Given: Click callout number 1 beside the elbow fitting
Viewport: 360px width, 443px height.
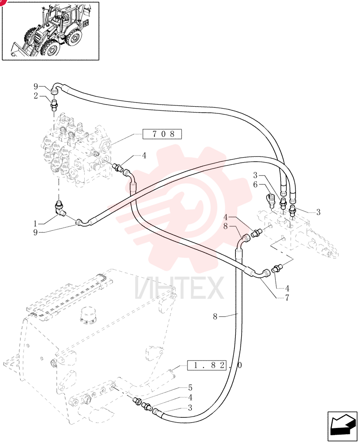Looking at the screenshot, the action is pyautogui.click(x=35, y=224).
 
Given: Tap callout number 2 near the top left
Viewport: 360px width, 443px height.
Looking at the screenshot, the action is pyautogui.click(x=35, y=96).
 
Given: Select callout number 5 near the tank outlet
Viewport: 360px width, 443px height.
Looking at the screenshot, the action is pyautogui.click(x=190, y=387).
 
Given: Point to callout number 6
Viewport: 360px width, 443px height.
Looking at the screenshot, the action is pyautogui.click(x=255, y=184).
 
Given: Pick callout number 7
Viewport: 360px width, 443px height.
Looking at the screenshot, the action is pyautogui.click(x=287, y=298).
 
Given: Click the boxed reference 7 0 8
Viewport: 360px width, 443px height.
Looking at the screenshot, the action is pyautogui.click(x=162, y=134).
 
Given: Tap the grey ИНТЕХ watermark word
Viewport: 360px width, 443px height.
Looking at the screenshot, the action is pyautogui.click(x=179, y=288).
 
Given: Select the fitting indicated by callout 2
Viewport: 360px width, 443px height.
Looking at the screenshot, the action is pyautogui.click(x=54, y=106).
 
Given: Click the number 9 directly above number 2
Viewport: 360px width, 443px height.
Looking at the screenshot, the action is pyautogui.click(x=35, y=86).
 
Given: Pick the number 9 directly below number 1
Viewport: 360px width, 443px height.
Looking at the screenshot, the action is pyautogui.click(x=35, y=233).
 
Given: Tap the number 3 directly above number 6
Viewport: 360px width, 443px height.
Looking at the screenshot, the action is pyautogui.click(x=255, y=175).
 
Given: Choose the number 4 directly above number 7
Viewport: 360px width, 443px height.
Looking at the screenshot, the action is pyautogui.click(x=287, y=288).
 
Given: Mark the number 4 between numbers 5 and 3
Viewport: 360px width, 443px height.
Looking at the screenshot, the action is pyautogui.click(x=190, y=397).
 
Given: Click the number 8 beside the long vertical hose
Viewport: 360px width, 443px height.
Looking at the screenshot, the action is pyautogui.click(x=215, y=316).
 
